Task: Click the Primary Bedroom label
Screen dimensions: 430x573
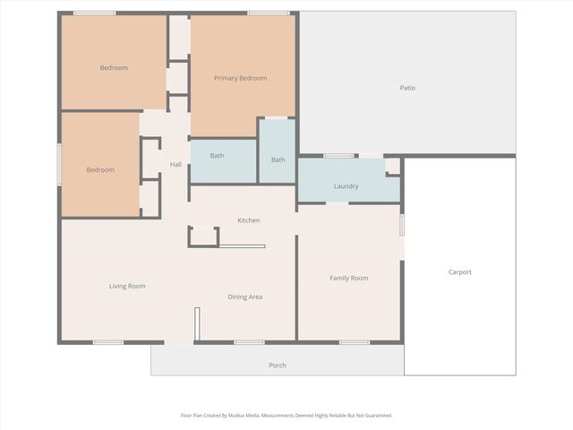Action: coord(240,78)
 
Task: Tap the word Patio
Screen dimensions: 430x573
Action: coord(407,87)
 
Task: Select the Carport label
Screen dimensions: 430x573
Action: coord(459,271)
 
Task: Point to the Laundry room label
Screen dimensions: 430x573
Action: coord(346,186)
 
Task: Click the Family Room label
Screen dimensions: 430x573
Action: coord(348,278)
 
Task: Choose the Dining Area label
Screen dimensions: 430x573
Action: coord(244,297)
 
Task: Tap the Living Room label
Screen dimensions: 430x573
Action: coord(127,286)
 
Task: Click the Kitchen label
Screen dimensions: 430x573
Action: coord(248,220)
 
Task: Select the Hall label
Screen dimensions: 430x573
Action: coord(175,164)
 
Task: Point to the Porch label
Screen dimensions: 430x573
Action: coord(278,365)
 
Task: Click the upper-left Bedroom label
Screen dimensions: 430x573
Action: coord(114,68)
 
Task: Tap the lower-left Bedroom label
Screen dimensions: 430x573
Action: coord(100,170)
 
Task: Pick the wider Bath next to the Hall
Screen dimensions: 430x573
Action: coord(217,156)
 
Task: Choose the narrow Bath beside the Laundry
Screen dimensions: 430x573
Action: coord(278,159)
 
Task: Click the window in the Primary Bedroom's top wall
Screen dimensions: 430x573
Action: coord(261,13)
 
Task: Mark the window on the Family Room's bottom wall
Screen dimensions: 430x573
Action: coord(354,341)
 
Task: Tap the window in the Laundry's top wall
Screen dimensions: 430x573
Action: coord(338,156)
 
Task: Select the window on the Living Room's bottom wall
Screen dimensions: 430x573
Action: coord(108,341)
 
